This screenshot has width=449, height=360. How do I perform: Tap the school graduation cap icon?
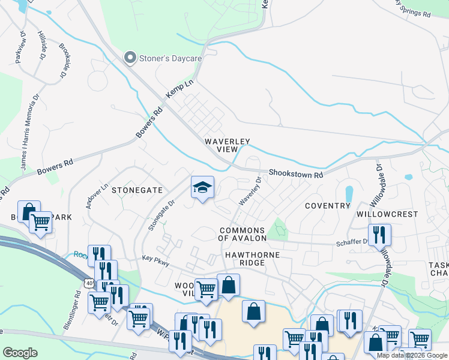(203, 188)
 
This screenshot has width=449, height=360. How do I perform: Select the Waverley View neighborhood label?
(227, 145)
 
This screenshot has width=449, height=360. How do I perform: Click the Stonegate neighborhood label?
(137, 190)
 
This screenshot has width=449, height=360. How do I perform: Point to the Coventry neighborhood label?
(327, 206)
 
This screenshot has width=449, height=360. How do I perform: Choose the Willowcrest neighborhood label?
(387, 214)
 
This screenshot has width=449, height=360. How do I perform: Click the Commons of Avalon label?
(243, 234)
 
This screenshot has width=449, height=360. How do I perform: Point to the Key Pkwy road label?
(156, 262)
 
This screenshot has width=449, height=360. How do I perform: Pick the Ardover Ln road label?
(97, 195)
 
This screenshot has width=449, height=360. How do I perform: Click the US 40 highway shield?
(89, 283)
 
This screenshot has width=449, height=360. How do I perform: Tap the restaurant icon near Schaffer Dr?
(379, 234)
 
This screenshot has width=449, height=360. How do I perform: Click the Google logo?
(20, 353)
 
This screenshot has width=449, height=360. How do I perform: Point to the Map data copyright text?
(411, 355)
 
